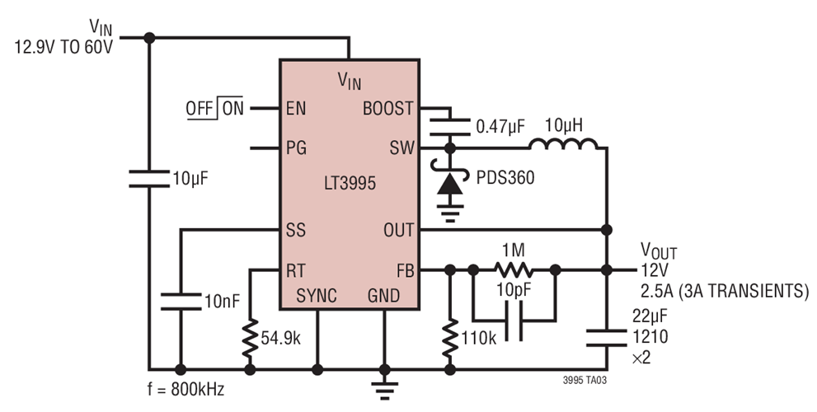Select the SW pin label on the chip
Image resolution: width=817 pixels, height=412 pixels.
point(400,148)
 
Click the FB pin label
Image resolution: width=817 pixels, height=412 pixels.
point(401,269)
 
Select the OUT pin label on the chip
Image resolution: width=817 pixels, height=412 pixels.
point(397,230)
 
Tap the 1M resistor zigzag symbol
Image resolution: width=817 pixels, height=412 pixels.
point(514,269)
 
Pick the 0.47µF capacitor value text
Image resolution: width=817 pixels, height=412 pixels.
point(500,127)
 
